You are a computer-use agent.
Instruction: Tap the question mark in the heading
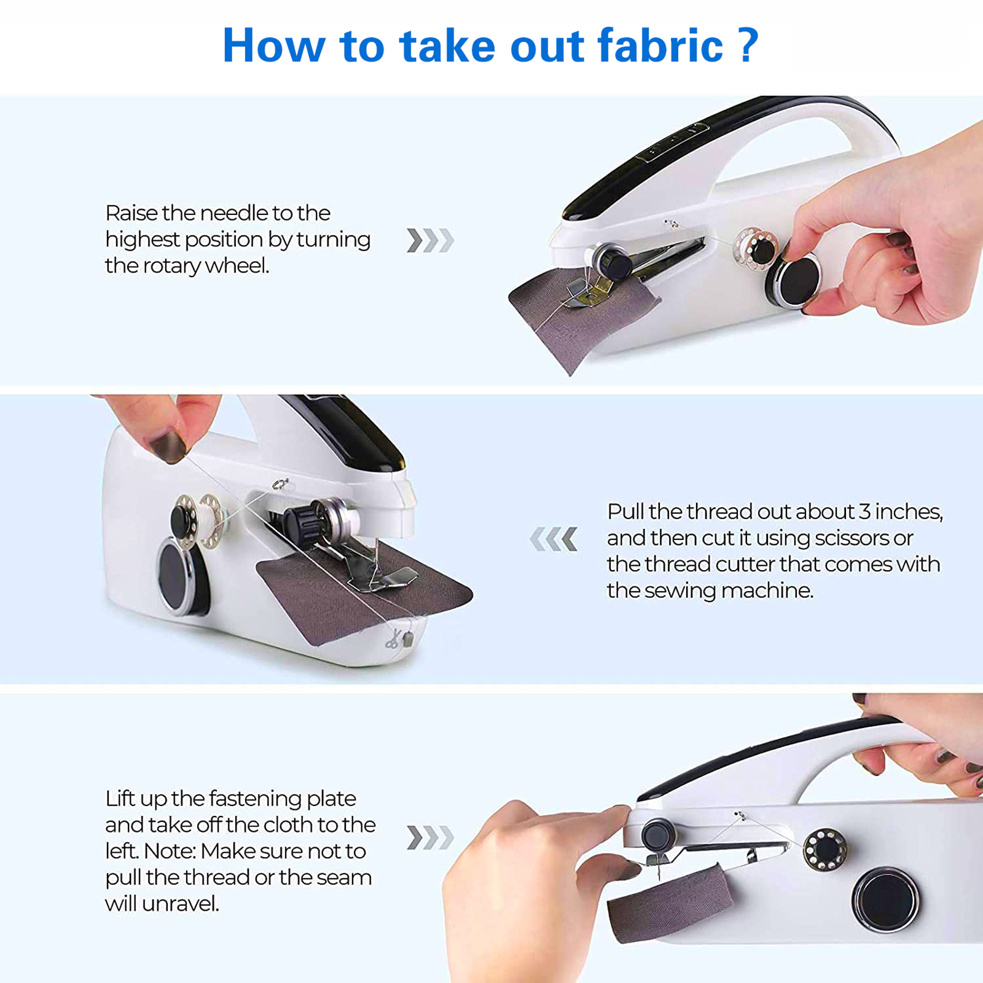(x=747, y=45)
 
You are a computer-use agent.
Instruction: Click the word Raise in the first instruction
(x=131, y=213)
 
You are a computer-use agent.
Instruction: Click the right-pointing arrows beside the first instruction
(x=430, y=240)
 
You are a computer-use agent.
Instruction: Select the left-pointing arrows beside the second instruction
(x=554, y=539)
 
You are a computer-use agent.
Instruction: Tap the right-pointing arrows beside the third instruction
(x=430, y=837)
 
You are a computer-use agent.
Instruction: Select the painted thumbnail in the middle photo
(x=166, y=445)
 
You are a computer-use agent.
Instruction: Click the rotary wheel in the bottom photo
(x=886, y=901)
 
